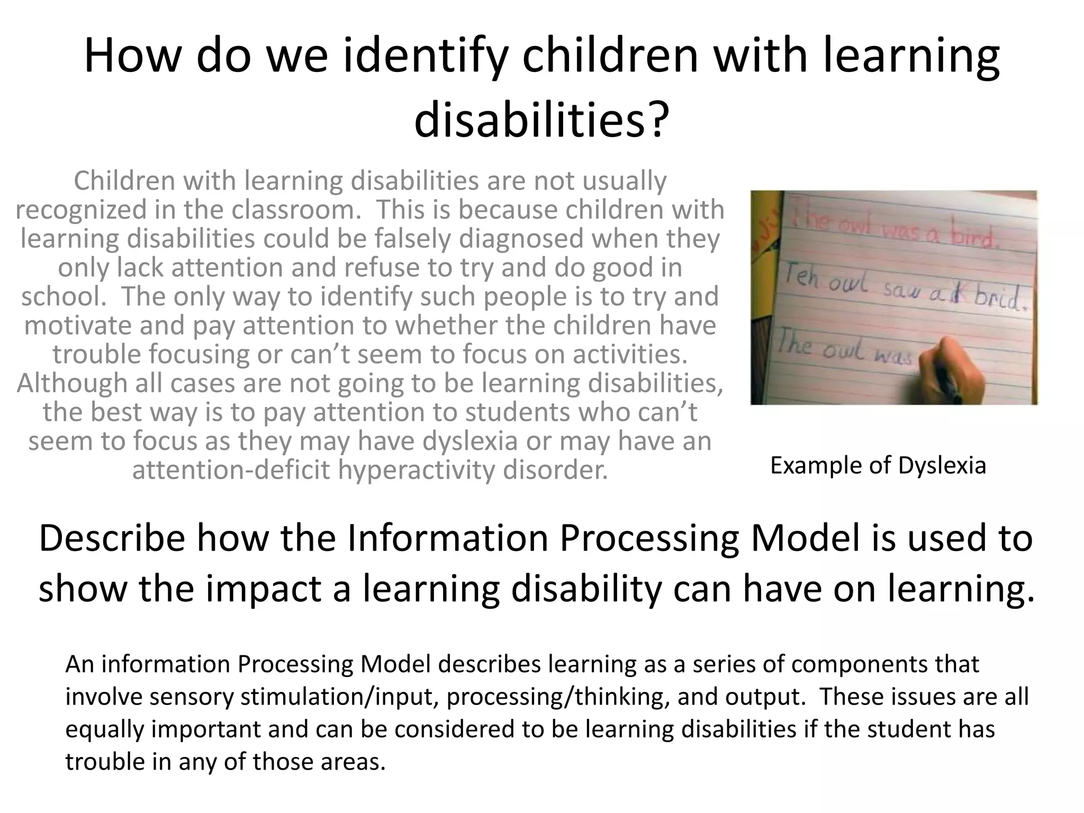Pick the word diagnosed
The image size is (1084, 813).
(x=521, y=238)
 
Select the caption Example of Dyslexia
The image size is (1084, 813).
(x=878, y=466)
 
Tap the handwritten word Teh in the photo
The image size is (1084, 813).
(x=801, y=279)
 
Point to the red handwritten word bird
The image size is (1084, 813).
(x=974, y=237)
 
